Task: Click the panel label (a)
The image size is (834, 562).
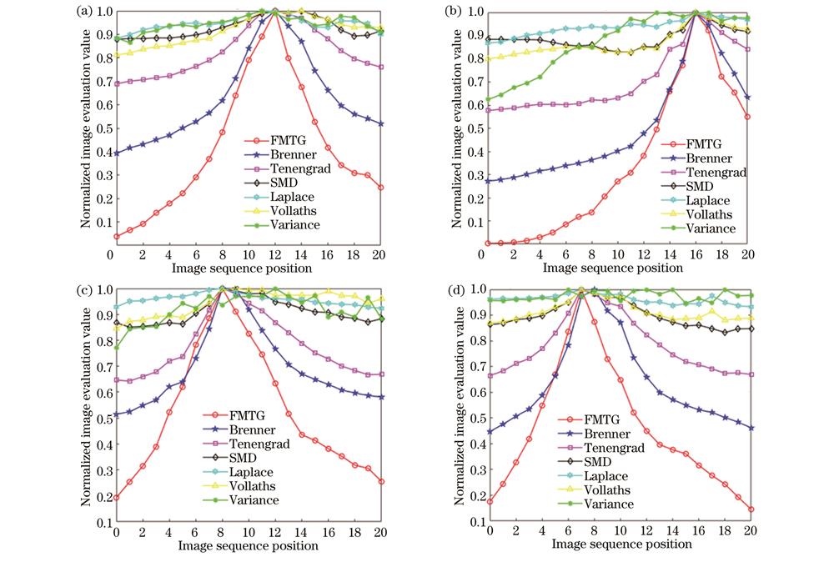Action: point(83,11)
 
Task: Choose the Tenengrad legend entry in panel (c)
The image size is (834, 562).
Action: point(256,444)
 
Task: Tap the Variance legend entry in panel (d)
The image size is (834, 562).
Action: point(608,504)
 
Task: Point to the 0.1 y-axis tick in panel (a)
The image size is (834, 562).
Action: point(99,223)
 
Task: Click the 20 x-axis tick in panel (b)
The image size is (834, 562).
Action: point(749,254)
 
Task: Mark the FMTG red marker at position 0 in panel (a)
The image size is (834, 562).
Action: point(116,237)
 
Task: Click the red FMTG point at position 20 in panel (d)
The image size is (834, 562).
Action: point(750,509)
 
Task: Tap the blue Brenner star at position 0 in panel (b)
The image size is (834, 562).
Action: point(490,181)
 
